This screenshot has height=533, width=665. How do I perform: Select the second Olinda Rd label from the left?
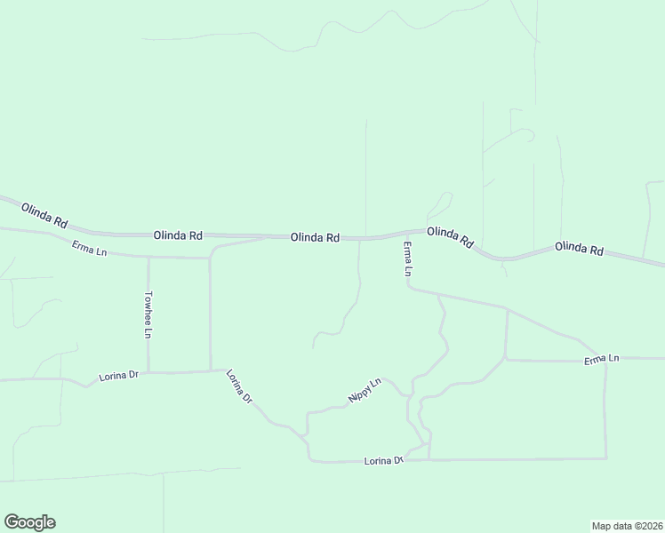click(x=178, y=235)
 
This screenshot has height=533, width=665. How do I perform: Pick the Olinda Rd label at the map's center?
click(x=315, y=237)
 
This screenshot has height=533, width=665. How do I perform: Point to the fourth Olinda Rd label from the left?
click(x=450, y=236)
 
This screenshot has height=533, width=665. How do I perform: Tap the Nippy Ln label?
click(x=365, y=391)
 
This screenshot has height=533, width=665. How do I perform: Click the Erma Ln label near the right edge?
click(x=602, y=359)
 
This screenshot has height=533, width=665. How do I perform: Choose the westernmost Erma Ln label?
click(x=89, y=250)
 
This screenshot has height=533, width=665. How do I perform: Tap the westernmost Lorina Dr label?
click(x=121, y=375)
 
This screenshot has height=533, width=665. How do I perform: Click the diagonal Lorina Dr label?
click(x=240, y=386)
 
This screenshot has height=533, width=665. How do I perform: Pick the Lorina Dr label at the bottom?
click(x=384, y=460)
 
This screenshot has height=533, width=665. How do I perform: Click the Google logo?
click(x=29, y=522)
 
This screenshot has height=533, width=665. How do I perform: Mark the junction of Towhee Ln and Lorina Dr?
click(x=148, y=372)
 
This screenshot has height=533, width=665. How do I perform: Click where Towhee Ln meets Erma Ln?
click(x=148, y=258)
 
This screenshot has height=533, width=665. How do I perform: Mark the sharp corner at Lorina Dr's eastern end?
click(x=606, y=458)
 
